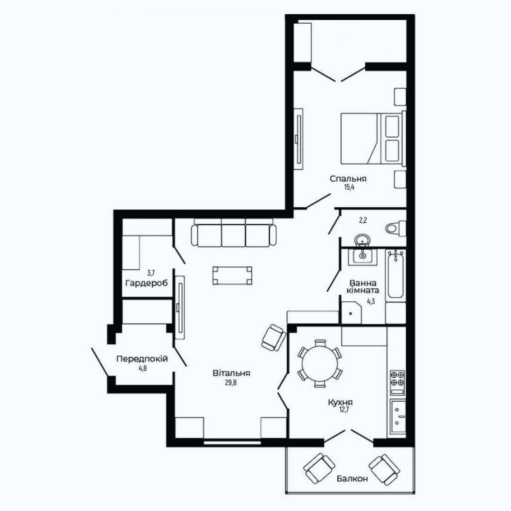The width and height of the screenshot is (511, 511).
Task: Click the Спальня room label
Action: coord(348,178)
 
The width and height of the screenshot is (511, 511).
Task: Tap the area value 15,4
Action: coord(349,187)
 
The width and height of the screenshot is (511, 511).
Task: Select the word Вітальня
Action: coord(231,373)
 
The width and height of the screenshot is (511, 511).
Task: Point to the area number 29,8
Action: coord(231,383)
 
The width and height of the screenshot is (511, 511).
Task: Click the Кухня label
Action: coord(340,403)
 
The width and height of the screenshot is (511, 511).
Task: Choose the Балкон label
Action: coord(352,479)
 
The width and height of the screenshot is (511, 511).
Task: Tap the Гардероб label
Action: coord(147,283)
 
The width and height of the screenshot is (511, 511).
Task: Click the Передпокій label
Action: coord(142,359)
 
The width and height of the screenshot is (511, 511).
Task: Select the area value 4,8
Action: coord(143,369)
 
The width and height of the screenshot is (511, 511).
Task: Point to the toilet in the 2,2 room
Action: coord(395,228)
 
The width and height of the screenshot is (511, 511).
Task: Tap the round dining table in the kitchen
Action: coord(320,364)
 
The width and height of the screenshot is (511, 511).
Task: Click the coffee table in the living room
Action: coord(232,276)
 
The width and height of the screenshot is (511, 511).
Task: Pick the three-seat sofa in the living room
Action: coord(233,232)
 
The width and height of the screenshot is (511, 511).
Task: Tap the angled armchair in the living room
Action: coord(273,338)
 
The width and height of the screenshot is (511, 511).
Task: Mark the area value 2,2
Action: coord(363,220)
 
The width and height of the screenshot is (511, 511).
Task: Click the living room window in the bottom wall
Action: coord(232,442)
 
